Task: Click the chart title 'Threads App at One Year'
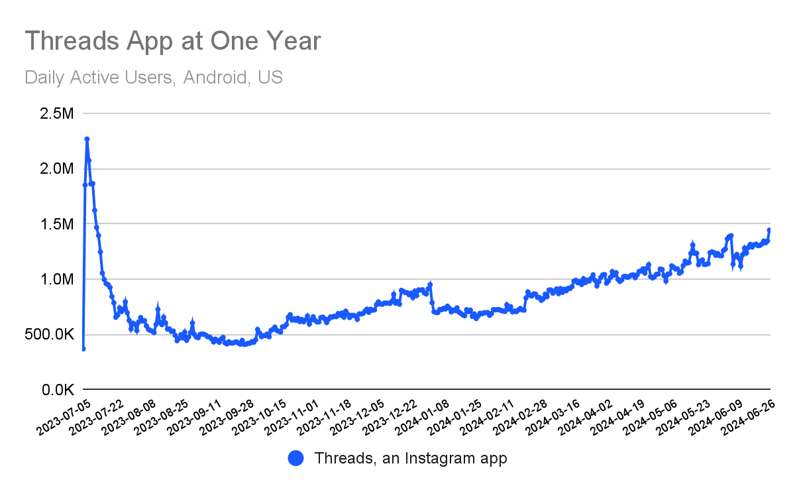pyautogui.click(x=173, y=41)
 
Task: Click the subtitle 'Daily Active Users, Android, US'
pyautogui.click(x=154, y=78)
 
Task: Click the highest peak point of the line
pyautogui.click(x=87, y=139)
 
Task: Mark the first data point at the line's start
pyautogui.click(x=83, y=349)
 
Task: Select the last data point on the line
pyautogui.click(x=769, y=230)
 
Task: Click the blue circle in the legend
pyautogui.click(x=296, y=458)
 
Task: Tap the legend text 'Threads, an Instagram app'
pyautogui.click(x=411, y=458)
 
